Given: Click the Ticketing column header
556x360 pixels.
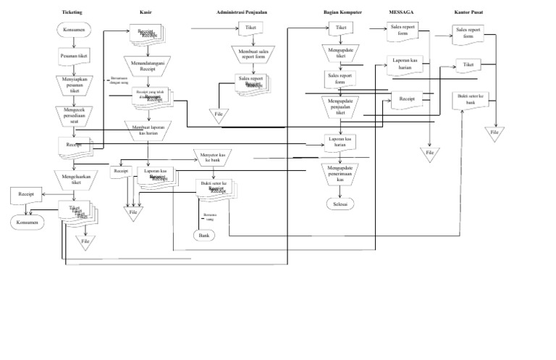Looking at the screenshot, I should click(72, 13).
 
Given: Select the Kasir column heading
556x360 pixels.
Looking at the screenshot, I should click(146, 13).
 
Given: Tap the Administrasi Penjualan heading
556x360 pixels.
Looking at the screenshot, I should click(247, 13).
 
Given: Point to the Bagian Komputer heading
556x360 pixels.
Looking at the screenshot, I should click(343, 13).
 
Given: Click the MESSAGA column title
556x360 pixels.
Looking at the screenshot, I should click(401, 13).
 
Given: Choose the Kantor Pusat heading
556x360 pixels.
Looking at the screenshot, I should click(469, 13).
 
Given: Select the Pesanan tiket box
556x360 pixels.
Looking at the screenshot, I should click(74, 55).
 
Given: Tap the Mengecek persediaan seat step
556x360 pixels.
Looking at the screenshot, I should click(74, 116).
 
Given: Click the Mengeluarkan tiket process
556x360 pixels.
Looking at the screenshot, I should click(74, 179).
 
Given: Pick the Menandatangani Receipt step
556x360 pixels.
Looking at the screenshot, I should click(149, 66).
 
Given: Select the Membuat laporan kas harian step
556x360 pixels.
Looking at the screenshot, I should click(150, 130).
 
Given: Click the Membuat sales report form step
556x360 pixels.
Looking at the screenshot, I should click(250, 54).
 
